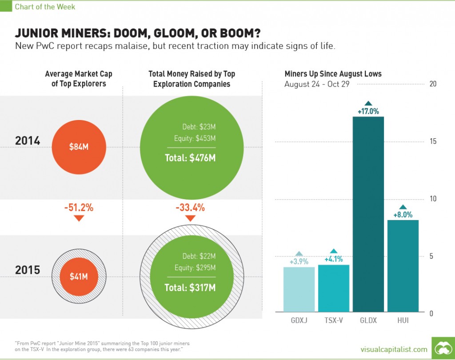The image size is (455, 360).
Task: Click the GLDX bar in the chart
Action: click(368, 214)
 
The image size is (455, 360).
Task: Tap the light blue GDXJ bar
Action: click(299, 289)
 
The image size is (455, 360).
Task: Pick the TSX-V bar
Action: click(334, 288)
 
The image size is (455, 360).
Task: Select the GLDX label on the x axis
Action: click(368, 320)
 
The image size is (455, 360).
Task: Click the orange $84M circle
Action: click(79, 147)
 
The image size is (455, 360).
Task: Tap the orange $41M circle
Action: click(79, 276)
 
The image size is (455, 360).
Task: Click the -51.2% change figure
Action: click(79, 207)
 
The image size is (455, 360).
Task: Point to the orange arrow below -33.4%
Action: click(190, 218)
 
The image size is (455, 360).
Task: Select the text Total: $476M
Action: click(191, 157)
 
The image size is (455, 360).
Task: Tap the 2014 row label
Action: click(28, 141)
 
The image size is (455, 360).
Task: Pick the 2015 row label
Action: click(28, 270)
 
